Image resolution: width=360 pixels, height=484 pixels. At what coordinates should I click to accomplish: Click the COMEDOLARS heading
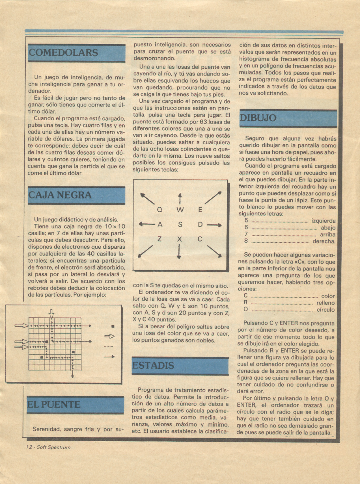click(63, 53)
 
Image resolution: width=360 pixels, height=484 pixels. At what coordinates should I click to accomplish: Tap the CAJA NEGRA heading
click(60, 195)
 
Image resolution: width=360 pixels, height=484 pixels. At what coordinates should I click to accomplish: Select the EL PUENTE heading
click(54, 405)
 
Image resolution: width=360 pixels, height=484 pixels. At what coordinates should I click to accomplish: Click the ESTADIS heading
click(153, 366)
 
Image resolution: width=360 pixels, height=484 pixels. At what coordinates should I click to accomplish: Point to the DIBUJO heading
click(258, 118)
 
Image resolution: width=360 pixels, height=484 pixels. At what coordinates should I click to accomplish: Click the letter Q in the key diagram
click(159, 210)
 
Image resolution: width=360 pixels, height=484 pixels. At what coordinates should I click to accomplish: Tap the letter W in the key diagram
click(180, 210)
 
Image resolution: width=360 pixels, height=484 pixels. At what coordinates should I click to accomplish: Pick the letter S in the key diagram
click(180, 225)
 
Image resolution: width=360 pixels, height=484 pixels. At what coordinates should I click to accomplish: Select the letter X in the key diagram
click(179, 239)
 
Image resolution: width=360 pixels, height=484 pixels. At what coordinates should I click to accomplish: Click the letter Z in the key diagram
click(159, 239)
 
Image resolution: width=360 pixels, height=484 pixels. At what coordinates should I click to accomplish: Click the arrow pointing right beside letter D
click(214, 225)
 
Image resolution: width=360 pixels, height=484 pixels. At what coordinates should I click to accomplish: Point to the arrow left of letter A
click(147, 225)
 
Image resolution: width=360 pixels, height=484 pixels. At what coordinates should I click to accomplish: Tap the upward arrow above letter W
click(180, 198)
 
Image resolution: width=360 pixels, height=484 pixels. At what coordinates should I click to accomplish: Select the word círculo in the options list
click(325, 310)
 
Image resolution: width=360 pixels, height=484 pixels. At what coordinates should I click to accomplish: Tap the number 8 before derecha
click(246, 241)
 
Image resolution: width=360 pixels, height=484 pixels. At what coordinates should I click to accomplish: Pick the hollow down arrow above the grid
click(51, 313)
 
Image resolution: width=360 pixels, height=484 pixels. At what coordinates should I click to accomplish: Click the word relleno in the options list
click(325, 303)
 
